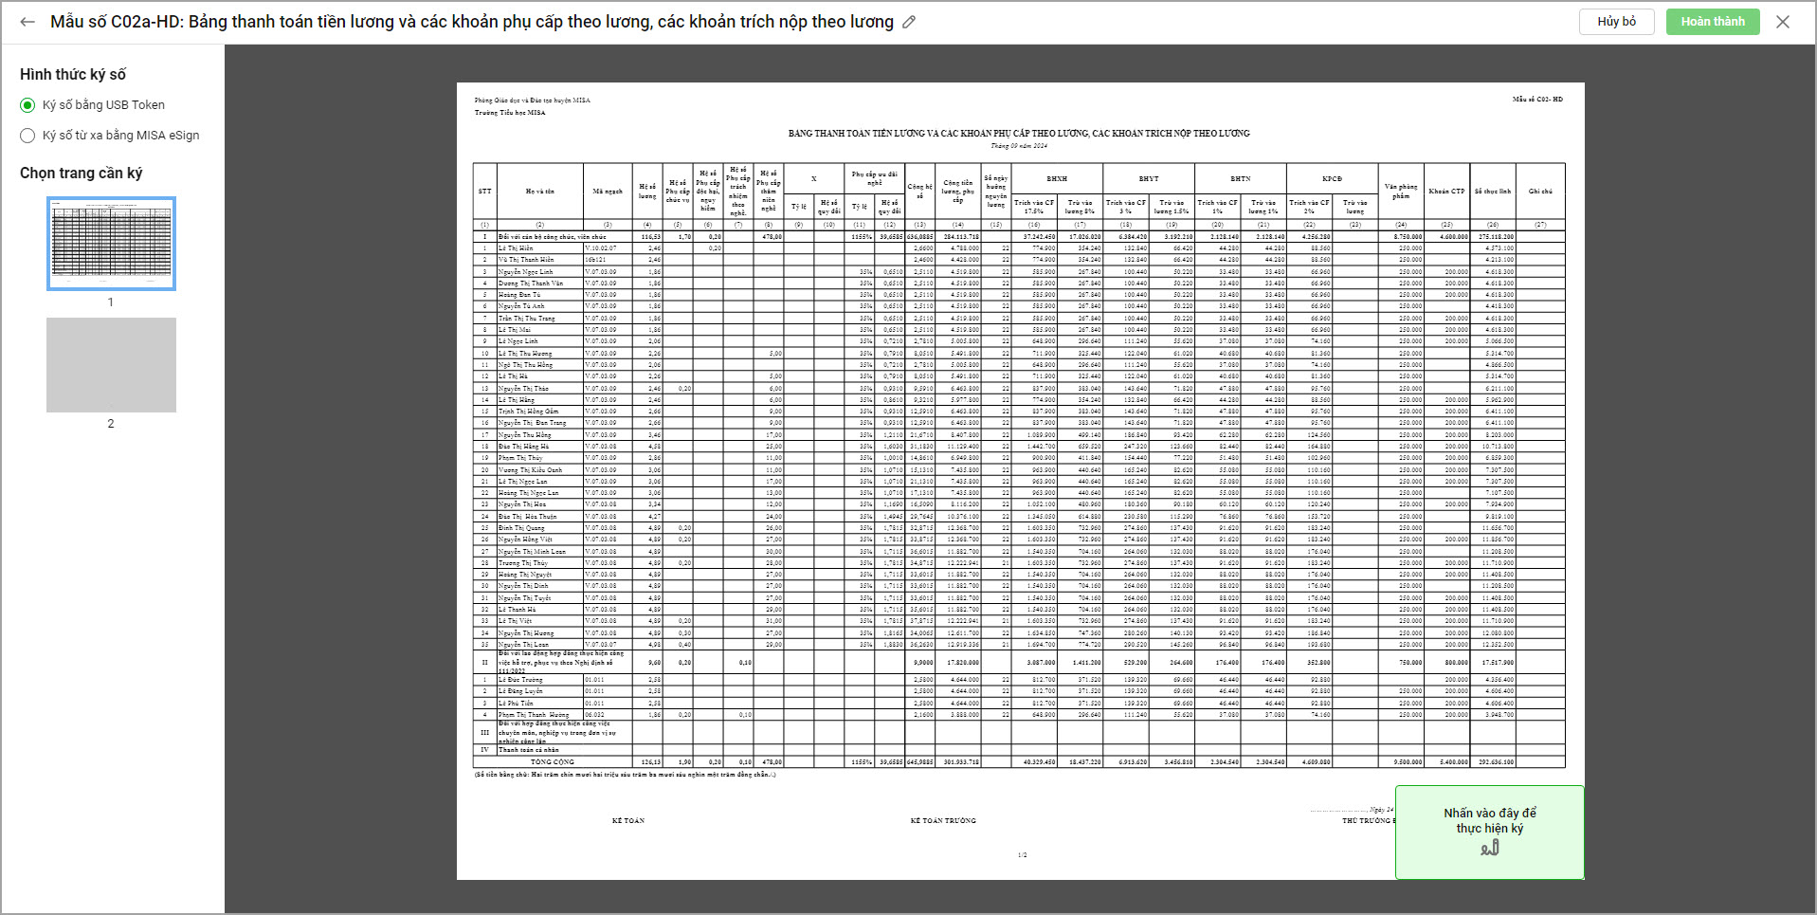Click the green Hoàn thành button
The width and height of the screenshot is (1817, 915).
(1712, 22)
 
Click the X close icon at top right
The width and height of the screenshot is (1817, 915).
(1782, 22)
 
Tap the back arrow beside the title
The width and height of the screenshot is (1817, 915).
(27, 22)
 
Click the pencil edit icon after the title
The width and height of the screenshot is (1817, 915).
(909, 22)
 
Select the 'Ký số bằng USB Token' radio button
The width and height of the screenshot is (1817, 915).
(27, 105)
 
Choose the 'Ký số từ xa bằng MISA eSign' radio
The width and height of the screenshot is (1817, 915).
(27, 136)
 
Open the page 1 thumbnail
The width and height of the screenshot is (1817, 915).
(111, 244)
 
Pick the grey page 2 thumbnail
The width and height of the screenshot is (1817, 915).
(111, 365)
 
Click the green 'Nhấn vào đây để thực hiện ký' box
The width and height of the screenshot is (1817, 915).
(1489, 832)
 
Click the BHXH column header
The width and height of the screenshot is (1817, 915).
(1057, 178)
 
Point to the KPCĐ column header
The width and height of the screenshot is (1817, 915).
(1332, 178)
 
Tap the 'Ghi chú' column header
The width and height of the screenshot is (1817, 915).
(1540, 192)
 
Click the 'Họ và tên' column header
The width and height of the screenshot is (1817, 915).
(540, 192)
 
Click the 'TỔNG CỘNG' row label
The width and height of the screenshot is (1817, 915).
(553, 762)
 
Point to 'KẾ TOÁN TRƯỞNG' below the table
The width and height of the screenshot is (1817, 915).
(943, 821)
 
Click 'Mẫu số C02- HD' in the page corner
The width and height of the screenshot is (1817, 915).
(1537, 100)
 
